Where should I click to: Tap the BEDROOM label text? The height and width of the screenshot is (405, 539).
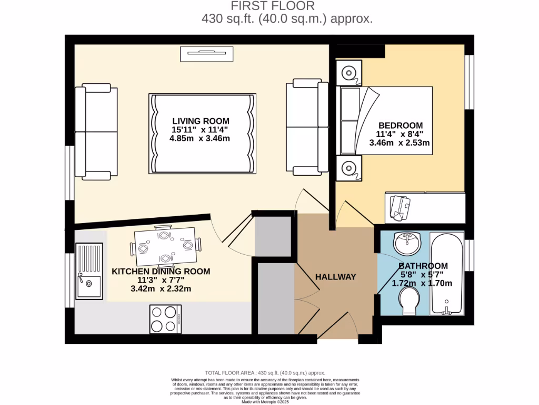[401, 125]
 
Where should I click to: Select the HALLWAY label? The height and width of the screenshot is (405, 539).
[335, 277]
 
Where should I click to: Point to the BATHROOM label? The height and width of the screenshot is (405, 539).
[423, 266]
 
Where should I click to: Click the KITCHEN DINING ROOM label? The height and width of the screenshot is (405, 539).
[161, 272]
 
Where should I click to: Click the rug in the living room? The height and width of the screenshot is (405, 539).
[203, 133]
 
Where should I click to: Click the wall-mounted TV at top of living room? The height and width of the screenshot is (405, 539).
[206, 53]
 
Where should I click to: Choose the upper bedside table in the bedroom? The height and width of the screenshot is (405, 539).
[348, 73]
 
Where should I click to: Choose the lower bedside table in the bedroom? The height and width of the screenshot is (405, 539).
[348, 168]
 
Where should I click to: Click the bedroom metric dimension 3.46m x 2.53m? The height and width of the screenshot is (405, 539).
[401, 142]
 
